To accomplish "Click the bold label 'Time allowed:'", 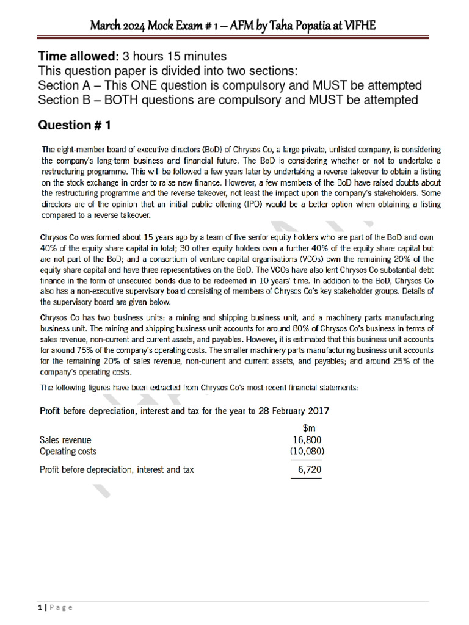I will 79,57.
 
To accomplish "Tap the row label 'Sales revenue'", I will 65,439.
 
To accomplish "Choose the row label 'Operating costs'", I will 68,452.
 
